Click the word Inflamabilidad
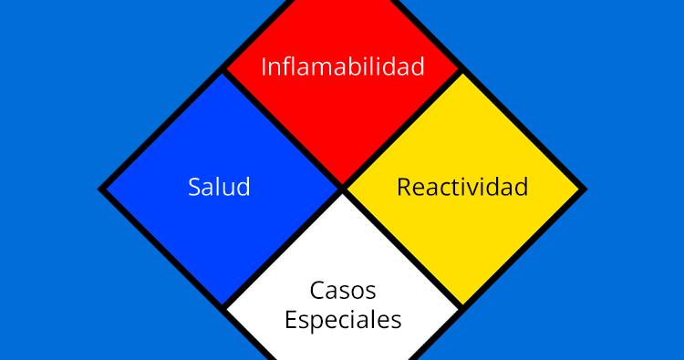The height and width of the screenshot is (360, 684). click(343, 67)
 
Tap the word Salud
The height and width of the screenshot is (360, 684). click(219, 188)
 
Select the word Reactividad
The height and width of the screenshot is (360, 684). click(462, 188)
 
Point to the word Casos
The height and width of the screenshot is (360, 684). click(343, 291)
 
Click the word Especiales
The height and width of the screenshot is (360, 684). click(343, 321)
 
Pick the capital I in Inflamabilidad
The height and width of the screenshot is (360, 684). click(264, 67)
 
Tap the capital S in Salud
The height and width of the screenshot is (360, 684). click(194, 188)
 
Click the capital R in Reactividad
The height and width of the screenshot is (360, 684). click(403, 188)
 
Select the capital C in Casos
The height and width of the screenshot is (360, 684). click(316, 291)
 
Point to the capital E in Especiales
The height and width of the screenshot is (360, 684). click(290, 321)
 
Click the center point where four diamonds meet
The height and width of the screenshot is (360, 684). click(343, 190)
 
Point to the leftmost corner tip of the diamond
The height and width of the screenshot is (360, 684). click(101, 190)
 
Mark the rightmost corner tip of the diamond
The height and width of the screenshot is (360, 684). click(584, 190)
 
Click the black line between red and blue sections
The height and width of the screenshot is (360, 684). click(283, 129)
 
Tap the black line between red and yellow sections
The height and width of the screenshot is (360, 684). click(403, 129)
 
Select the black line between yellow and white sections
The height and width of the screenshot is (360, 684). click(403, 250)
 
